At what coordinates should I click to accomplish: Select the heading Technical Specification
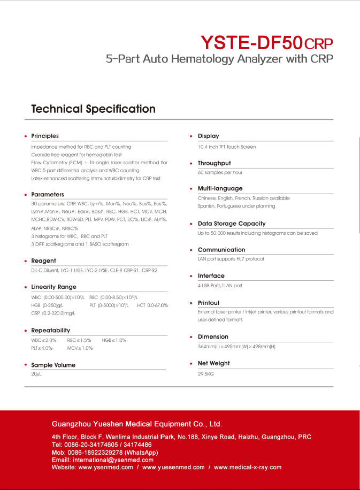[x=94, y=109]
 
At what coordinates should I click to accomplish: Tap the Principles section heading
[x=45, y=136]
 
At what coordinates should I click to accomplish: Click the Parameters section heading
[x=48, y=195]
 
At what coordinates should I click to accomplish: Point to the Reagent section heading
[x=43, y=261]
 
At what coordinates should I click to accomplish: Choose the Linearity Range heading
[x=53, y=287]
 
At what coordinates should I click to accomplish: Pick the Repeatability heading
[x=50, y=331]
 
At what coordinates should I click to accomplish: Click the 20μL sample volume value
[x=36, y=374]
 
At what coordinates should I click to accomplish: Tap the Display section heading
[x=208, y=136]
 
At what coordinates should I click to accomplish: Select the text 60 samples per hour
[x=220, y=173]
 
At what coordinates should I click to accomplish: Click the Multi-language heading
[x=220, y=188]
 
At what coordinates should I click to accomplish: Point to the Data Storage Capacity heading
[x=232, y=224]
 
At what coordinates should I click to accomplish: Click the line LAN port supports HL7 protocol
[x=231, y=259]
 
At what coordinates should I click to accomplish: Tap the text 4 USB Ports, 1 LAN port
[x=220, y=286]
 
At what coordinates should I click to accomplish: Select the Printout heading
[x=209, y=303]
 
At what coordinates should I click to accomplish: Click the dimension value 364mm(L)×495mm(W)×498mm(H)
[x=236, y=347]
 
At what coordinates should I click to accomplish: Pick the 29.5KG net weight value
[x=206, y=374]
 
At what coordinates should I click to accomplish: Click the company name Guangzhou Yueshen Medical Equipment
[x=136, y=424]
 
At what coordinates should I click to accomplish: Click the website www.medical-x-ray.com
[x=247, y=467]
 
